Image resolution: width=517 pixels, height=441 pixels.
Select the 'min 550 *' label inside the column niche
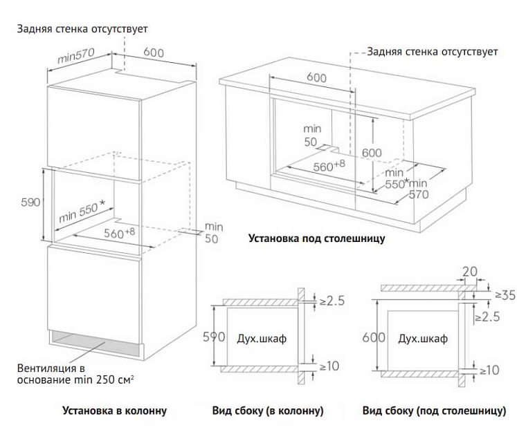(82, 211)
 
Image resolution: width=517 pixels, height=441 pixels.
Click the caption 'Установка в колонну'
(114, 411)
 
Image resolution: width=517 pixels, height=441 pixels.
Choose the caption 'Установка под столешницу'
(316, 238)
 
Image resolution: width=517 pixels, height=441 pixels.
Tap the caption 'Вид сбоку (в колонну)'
(268, 411)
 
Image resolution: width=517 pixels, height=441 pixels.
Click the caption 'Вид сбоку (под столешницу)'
(434, 411)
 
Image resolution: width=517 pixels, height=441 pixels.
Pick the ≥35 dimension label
(505, 295)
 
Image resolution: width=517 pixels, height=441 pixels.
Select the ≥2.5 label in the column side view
(332, 300)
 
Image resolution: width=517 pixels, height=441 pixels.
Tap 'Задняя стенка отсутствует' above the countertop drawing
(433, 51)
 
